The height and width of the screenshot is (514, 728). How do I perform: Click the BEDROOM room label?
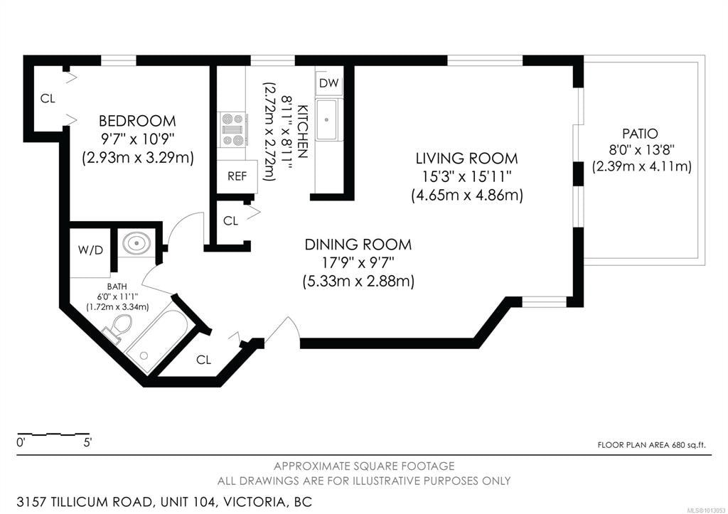pos(137,121)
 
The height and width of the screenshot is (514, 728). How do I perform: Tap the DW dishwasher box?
pos(328,83)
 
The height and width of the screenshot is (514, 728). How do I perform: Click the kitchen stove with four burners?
pos(232,129)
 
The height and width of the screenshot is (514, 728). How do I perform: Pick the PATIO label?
pos(640,134)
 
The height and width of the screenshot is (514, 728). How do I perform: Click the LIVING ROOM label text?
pos(467,159)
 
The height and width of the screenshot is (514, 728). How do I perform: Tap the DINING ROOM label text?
pos(358,245)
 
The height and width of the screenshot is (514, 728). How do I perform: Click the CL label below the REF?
pos(230,221)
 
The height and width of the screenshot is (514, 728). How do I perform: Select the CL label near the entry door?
pos(204,360)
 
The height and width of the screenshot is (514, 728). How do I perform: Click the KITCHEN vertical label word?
pos(302,130)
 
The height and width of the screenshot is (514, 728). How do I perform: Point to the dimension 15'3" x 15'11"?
pos(467,176)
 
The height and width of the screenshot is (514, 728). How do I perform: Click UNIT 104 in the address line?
pos(181,502)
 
